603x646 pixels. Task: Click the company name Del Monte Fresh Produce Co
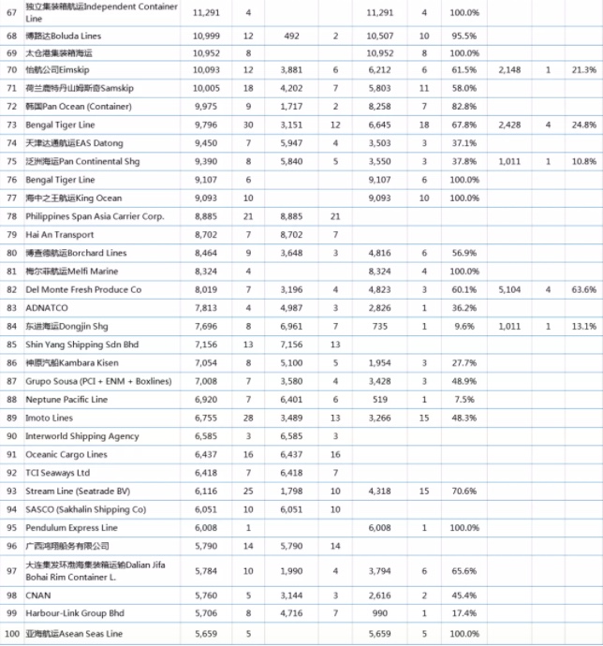click(x=83, y=290)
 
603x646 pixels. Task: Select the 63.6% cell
click(x=583, y=290)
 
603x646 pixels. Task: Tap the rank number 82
click(x=11, y=290)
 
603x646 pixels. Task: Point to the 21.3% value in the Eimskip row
click(x=583, y=70)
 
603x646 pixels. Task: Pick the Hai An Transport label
click(x=60, y=235)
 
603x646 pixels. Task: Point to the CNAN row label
click(x=38, y=594)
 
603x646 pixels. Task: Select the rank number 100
click(x=11, y=634)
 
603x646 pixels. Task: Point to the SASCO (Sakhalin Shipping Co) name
click(x=85, y=509)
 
